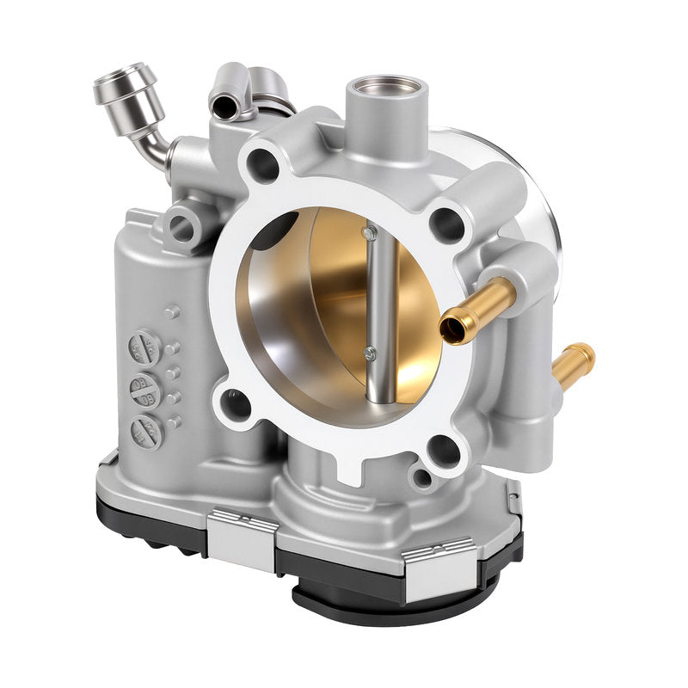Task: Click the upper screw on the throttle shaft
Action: click(369, 233)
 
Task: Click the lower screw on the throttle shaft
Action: click(370, 350)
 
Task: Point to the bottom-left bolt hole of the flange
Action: click(234, 401)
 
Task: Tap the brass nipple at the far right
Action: click(574, 359)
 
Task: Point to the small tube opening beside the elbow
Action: click(224, 105)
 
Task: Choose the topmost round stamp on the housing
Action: click(143, 348)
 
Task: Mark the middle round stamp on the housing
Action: click(144, 389)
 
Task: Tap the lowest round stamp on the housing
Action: click(145, 431)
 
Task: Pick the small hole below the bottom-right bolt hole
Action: click(422, 478)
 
